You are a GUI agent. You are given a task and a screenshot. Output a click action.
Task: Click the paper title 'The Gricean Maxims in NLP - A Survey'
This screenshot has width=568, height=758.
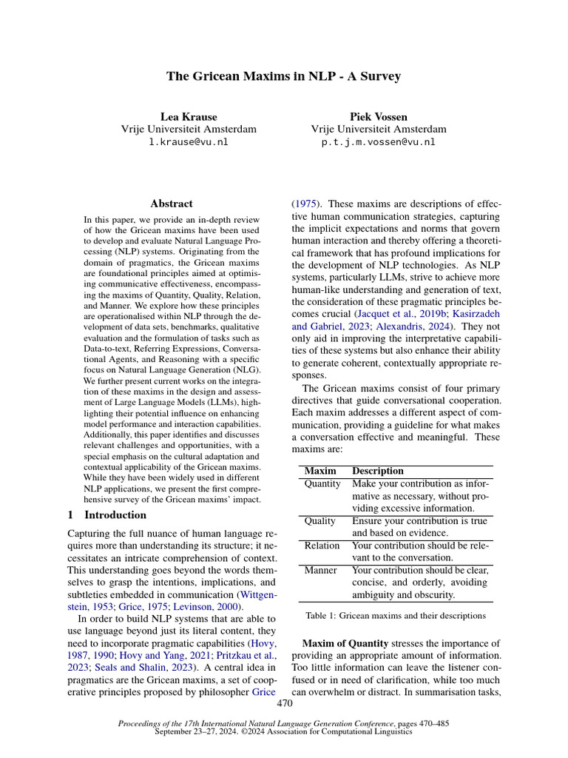284,77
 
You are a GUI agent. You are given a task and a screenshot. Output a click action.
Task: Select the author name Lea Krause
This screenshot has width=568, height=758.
189,116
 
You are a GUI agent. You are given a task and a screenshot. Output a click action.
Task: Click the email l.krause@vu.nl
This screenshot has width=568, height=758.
189,141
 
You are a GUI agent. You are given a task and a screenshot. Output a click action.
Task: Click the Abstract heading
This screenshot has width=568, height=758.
171,203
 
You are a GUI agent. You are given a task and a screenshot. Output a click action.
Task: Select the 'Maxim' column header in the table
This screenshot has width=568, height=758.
319,471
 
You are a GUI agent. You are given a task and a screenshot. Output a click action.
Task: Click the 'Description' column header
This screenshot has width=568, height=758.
377,471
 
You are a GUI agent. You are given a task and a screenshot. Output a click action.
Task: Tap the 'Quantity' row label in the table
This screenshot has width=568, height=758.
322,483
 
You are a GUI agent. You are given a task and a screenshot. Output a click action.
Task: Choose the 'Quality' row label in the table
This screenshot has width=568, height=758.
319,521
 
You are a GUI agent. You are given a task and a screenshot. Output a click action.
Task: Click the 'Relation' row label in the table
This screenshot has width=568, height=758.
322,546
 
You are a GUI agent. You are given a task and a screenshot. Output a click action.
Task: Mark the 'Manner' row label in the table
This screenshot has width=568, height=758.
320,570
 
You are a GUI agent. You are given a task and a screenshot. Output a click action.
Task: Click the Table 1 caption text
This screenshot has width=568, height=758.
395,615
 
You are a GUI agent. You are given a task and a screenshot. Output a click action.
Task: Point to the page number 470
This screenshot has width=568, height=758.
284,704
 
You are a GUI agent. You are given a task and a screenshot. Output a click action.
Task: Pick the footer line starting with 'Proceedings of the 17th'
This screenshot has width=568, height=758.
284,723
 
